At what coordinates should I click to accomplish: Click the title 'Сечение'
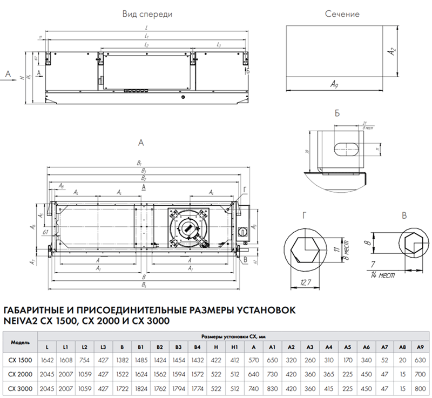pos(342,15)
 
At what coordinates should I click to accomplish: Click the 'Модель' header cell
pos(21,342)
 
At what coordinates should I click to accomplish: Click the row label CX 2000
pos(21,374)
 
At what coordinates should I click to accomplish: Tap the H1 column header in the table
pos(234,347)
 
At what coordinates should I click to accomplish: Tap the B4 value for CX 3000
pos(198,388)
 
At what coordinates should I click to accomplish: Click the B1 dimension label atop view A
pos(139,163)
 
